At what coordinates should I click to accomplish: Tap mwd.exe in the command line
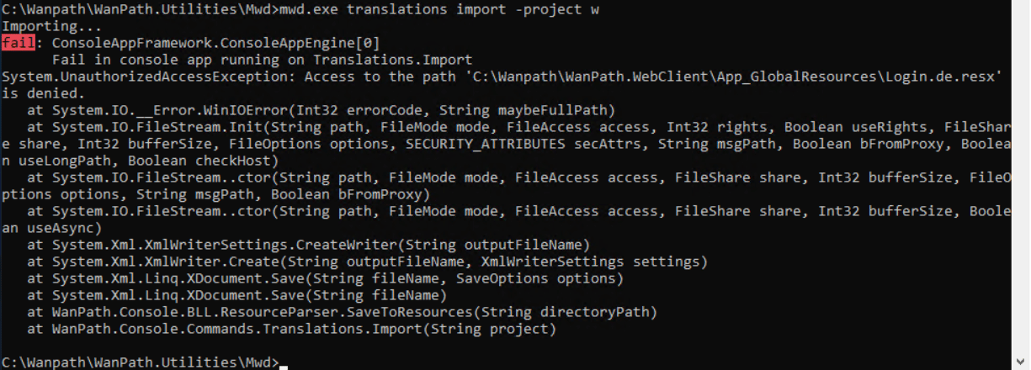[x=309, y=9]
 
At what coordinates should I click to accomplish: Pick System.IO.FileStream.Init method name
[x=148, y=127]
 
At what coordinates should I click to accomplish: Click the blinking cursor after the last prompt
[x=284, y=363]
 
